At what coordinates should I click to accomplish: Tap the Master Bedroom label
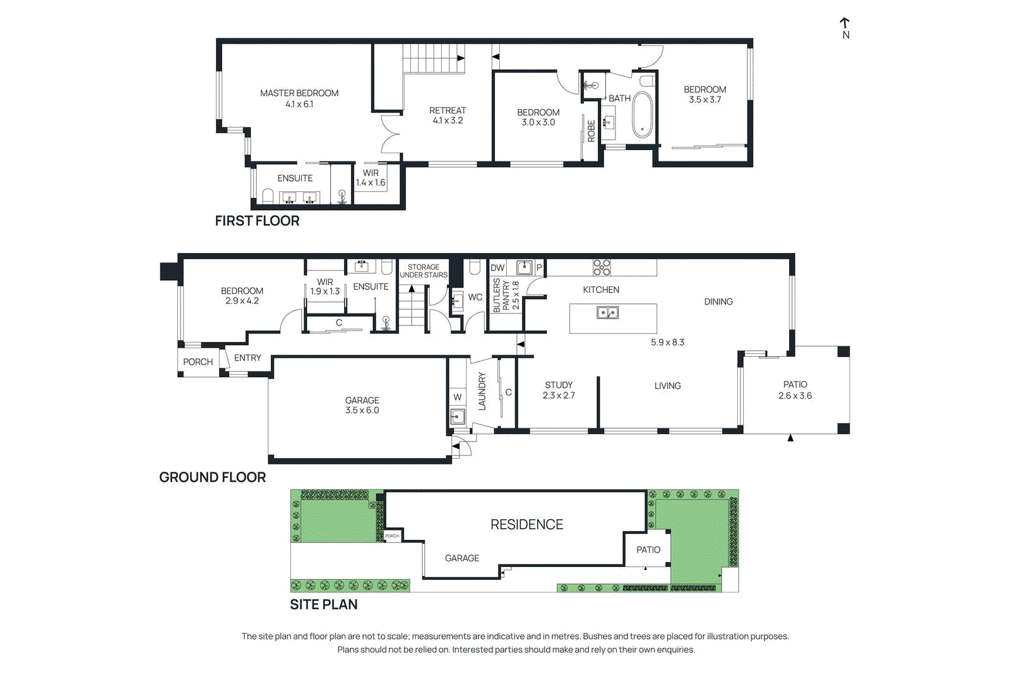(299, 98)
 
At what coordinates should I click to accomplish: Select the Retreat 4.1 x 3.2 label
(448, 115)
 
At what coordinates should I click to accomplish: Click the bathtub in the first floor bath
(642, 115)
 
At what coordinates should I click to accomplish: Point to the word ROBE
(591, 131)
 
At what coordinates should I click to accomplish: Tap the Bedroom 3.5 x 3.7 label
(704, 95)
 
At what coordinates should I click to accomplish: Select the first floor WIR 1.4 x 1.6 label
(371, 178)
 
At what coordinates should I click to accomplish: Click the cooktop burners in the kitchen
(602, 267)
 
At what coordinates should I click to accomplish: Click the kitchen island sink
(608, 312)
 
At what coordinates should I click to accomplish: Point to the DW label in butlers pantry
(497, 267)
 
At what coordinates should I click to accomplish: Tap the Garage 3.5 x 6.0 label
(362, 405)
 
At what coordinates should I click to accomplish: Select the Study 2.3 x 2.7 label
(559, 390)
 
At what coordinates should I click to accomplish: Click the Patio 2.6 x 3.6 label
(795, 390)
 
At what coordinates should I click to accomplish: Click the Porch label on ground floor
(198, 362)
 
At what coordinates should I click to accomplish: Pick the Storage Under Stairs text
(424, 271)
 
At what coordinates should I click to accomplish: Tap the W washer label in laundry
(458, 397)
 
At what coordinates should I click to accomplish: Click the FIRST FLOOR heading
(257, 221)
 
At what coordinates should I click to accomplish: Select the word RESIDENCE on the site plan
(526, 525)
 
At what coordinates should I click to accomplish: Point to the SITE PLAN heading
(323, 604)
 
